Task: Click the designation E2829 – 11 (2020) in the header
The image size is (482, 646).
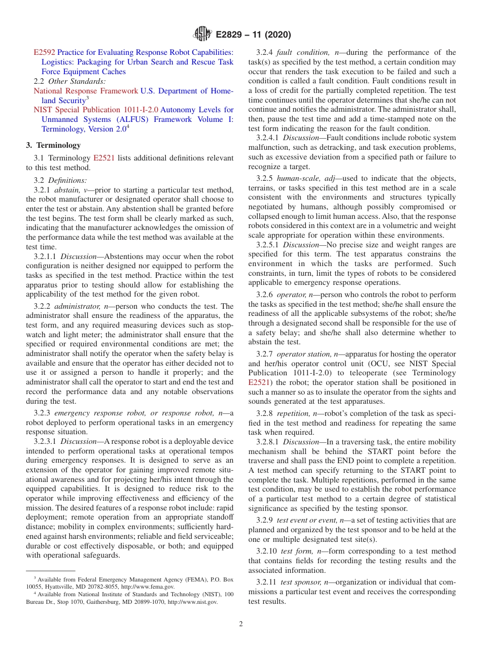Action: (253, 35)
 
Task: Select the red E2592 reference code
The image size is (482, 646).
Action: (44, 52)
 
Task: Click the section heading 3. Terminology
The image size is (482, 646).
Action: (53, 145)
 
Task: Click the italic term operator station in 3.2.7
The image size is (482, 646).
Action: (303, 354)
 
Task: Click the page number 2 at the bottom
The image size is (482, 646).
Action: (241, 624)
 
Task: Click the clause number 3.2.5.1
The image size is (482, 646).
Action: (268, 245)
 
